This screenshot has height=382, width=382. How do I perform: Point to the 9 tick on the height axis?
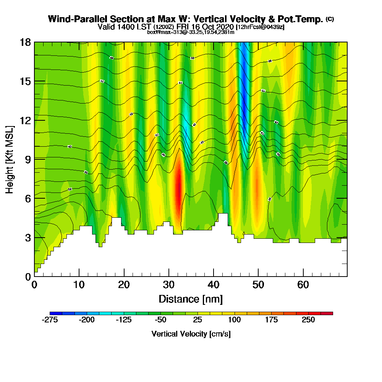[x=34, y=159]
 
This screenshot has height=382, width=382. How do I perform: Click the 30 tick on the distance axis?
[x=169, y=276]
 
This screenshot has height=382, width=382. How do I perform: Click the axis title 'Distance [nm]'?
[x=191, y=299]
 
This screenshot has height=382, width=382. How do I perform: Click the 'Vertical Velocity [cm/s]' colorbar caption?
[x=191, y=334]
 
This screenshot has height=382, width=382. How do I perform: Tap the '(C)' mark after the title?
[x=330, y=19]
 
